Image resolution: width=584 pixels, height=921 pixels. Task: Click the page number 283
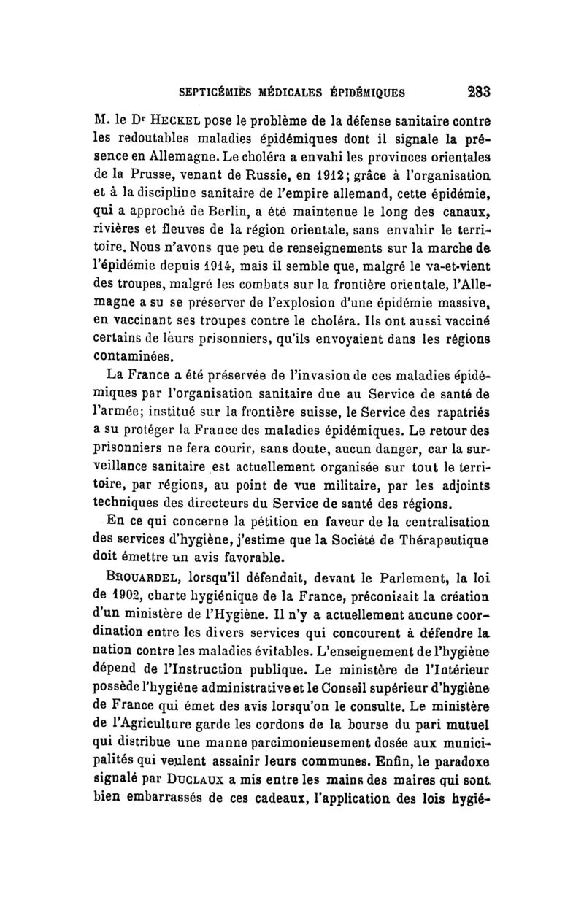pyautogui.click(x=474, y=93)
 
